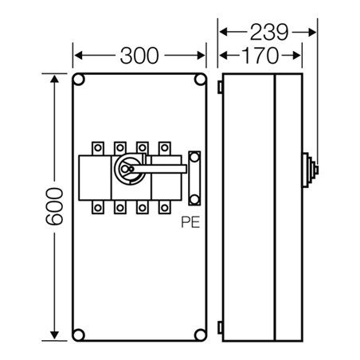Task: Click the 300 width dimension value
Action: [x=140, y=56]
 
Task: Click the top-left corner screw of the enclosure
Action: [x=80, y=80]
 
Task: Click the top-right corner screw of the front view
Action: [x=199, y=80]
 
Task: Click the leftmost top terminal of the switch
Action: [x=99, y=148]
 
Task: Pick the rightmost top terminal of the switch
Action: [x=165, y=148]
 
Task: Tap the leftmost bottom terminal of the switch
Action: [x=99, y=209]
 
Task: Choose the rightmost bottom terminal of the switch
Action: [x=165, y=209]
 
